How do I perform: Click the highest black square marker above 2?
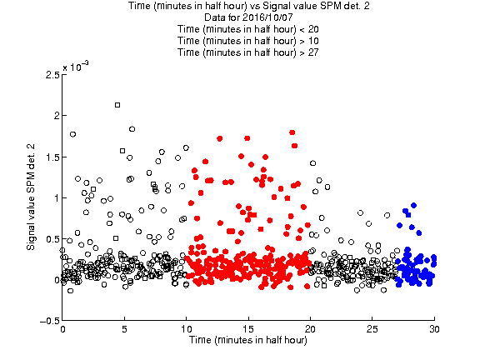117,105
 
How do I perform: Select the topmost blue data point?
413,205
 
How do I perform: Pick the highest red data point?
292,132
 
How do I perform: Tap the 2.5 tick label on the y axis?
52,75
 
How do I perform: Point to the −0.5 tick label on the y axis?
50,321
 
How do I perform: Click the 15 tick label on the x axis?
248,329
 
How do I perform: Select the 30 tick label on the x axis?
434,329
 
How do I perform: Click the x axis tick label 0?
62,329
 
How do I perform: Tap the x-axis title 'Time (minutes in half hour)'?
248,340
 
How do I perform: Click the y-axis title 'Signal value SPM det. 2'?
31,197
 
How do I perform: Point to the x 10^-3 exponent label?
76,66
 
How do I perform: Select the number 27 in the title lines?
313,52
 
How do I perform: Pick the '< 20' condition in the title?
309,29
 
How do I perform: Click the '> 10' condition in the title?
309,41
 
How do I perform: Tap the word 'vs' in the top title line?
255,6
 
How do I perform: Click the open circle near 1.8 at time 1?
72,134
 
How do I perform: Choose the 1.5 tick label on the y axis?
52,157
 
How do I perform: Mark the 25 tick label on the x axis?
372,329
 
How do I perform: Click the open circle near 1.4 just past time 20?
312,163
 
